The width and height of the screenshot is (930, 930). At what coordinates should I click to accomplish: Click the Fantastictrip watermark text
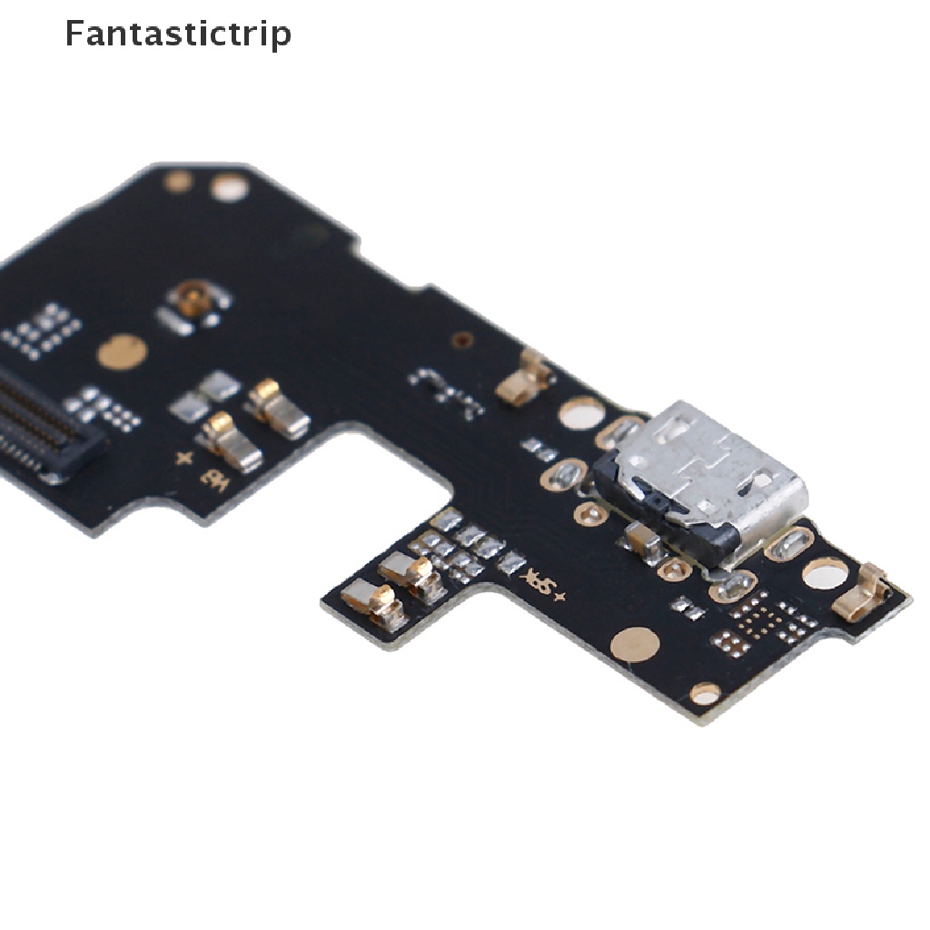(178, 35)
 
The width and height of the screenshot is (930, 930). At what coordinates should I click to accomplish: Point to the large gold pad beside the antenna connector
(122, 351)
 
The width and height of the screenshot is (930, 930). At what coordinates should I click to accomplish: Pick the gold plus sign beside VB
(185, 459)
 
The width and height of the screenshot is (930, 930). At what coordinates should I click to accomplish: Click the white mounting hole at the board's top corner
(229, 190)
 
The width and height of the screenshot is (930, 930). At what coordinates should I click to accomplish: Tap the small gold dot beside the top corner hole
(177, 181)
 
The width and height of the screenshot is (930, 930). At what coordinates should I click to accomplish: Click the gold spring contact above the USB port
(526, 377)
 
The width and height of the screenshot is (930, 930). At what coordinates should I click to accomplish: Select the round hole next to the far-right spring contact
(826, 572)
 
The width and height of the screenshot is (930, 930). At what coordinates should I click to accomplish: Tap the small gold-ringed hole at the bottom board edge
(705, 694)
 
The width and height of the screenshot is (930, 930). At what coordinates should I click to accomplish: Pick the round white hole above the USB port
(581, 413)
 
